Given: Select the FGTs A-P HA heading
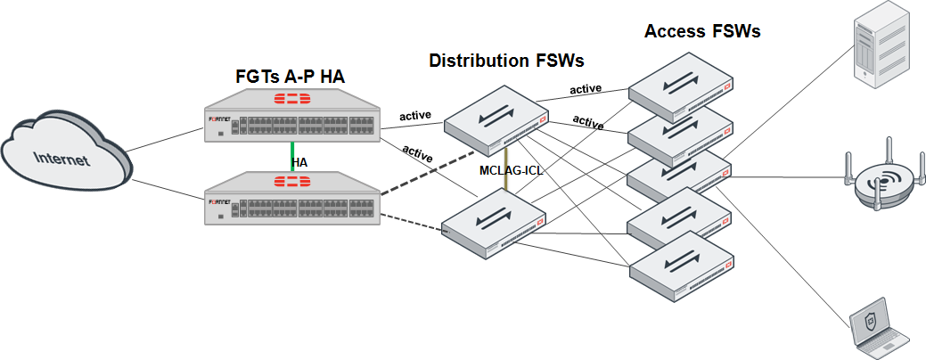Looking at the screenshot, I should pyautogui.click(x=290, y=77).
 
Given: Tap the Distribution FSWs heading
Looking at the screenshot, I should pyautogui.click(x=506, y=61).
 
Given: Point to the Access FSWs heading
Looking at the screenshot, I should pyautogui.click(x=702, y=32).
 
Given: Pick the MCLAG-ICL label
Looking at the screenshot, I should pyautogui.click(x=512, y=169).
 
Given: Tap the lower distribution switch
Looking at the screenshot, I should pyautogui.click(x=495, y=224).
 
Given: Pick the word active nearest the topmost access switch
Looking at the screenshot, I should pyautogui.click(x=586, y=88).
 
